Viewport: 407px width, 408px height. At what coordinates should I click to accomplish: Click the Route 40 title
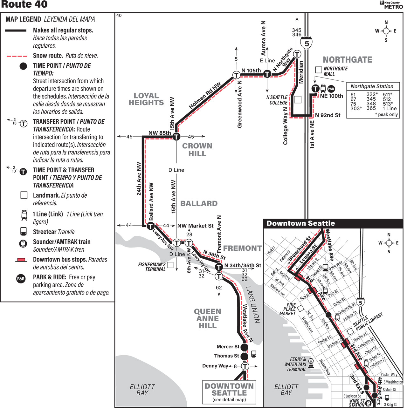coord(24,4)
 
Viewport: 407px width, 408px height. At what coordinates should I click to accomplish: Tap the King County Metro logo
coord(391,5)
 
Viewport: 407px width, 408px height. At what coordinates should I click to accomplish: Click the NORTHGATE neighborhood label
coord(347,60)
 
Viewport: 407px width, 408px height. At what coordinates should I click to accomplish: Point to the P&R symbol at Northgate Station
coord(331,89)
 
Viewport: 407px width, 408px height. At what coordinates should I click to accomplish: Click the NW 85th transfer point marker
coord(176,137)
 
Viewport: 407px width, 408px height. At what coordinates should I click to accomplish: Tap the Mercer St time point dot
coord(244,347)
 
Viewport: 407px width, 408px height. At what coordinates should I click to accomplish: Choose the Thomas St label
coord(226,356)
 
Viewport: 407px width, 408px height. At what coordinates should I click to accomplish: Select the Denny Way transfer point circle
coord(245,366)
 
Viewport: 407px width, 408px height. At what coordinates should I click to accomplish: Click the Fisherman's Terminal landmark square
coord(170,265)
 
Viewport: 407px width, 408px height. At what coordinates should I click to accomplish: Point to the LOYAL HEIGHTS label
coord(146,99)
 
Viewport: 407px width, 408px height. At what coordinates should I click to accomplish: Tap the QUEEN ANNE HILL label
coord(208,318)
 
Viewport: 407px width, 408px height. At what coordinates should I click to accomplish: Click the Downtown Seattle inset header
coord(301,223)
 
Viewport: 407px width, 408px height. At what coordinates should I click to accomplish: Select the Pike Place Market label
coord(287,309)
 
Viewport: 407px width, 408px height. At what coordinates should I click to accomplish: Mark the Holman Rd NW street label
coord(205,96)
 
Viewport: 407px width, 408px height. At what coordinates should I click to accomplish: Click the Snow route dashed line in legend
coord(17,56)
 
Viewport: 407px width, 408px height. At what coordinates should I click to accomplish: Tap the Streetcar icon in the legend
coord(23,231)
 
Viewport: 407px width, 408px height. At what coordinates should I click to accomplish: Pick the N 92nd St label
coord(328,115)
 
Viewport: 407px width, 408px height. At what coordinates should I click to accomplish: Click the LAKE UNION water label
coord(253,304)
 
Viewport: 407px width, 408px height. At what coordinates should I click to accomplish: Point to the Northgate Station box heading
coord(372,86)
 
